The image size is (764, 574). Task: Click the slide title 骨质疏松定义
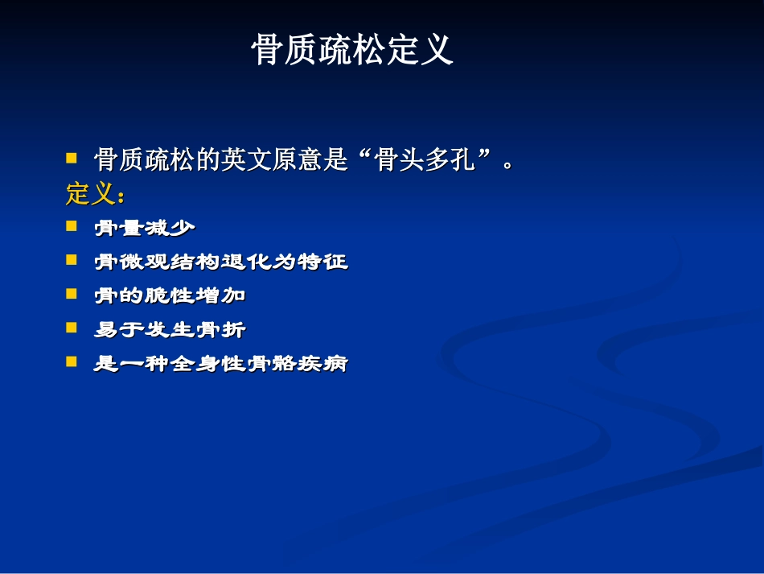coord(352,50)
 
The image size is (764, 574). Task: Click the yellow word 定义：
coord(96,194)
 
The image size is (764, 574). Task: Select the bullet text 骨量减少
coord(145,228)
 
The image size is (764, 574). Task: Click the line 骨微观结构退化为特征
coord(221,262)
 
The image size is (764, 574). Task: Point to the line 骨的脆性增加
coord(170,295)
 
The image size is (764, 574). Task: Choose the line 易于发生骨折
coord(170,329)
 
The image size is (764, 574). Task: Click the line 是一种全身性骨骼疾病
coord(221,363)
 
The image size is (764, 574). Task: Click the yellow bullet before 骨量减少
coord(72,227)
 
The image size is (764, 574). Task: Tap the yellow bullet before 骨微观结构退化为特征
coord(72,261)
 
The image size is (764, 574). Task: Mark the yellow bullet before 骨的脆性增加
coord(72,295)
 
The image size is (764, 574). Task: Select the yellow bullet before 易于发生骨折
coord(72,328)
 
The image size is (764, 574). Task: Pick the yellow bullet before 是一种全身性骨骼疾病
coord(72,362)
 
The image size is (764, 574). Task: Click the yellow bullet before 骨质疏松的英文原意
coord(72,159)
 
